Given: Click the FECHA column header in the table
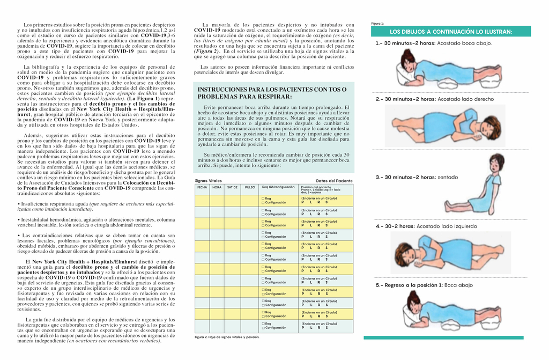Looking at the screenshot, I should (202, 187).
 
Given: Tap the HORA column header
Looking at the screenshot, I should (217, 187).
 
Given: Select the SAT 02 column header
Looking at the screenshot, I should (232, 187).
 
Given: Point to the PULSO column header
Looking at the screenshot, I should (250, 187).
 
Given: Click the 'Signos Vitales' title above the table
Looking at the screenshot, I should (208, 181).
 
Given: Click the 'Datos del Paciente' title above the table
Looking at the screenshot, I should (335, 181).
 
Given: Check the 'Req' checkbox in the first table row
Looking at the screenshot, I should (263, 199).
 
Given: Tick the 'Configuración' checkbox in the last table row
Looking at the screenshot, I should (263, 327).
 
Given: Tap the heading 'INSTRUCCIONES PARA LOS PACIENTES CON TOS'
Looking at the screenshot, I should (272, 89).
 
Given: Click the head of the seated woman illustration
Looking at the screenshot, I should (496, 163).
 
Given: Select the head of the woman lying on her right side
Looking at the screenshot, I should (491, 128).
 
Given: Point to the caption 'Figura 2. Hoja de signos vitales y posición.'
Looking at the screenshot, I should (227, 337).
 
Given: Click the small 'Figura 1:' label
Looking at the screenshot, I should (377, 24).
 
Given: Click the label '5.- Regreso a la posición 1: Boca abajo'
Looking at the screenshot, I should (423, 285).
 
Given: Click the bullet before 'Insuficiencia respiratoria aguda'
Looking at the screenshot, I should (19, 204).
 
